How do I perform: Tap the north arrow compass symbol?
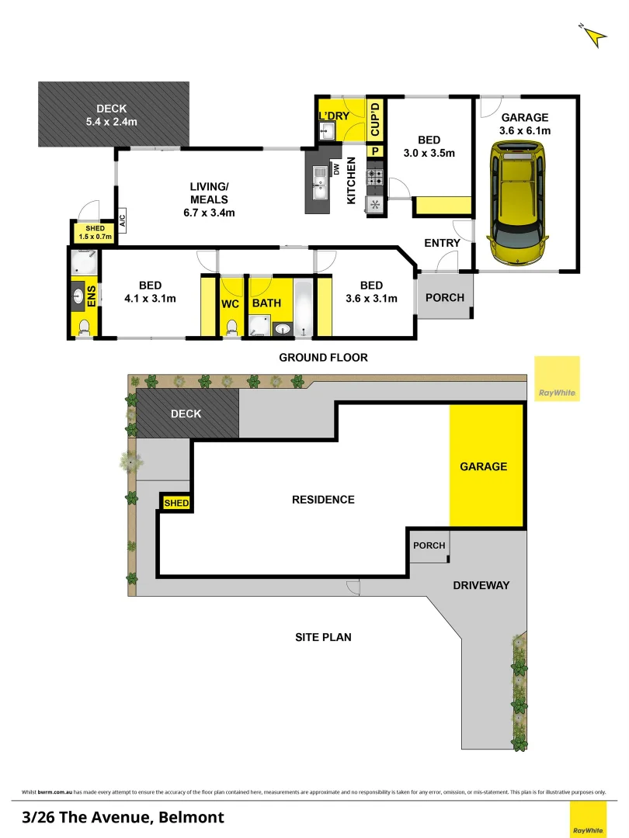pyautogui.click(x=593, y=36)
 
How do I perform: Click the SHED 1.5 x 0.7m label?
pyautogui.click(x=96, y=232)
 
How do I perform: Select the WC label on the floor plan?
pyautogui.click(x=230, y=303)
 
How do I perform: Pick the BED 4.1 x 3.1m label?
pyautogui.click(x=151, y=292)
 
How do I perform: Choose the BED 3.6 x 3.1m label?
pyautogui.click(x=371, y=292)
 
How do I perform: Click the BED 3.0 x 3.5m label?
pyautogui.click(x=429, y=147)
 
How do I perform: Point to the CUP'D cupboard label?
pyautogui.click(x=374, y=119)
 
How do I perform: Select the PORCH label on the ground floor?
pyautogui.click(x=446, y=297)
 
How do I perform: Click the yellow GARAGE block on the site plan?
pyautogui.click(x=484, y=466)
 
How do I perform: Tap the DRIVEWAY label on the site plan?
pyautogui.click(x=481, y=585)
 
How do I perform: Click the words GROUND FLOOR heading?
pyautogui.click(x=323, y=358)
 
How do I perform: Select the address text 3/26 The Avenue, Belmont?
pyautogui.click(x=124, y=817)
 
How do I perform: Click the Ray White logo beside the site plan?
pyautogui.click(x=558, y=379)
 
